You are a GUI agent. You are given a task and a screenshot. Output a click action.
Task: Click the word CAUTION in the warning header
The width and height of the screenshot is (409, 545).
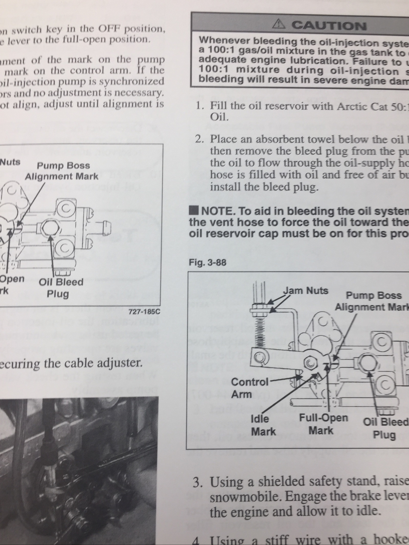click(329, 26)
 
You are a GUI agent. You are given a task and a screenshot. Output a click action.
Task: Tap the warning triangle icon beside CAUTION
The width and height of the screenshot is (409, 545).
click(280, 24)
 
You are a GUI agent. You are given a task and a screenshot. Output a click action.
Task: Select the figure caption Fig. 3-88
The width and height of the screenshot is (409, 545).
click(208, 263)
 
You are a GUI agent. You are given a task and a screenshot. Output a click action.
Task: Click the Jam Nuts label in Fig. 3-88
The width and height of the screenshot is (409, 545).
click(306, 291)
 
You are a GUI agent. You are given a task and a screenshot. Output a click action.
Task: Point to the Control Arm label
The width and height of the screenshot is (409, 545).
click(249, 378)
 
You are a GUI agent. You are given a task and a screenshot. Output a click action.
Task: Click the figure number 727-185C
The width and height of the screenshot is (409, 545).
click(144, 311)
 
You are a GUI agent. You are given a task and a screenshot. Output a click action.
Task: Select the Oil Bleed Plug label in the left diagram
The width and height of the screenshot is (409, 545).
click(60, 288)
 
